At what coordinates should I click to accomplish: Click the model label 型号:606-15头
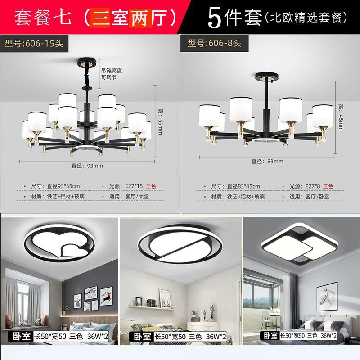tap(34, 43)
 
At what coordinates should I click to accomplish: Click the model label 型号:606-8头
tap(215, 43)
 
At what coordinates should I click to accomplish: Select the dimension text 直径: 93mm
tap(87, 166)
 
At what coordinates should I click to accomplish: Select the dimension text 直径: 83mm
tap(267, 162)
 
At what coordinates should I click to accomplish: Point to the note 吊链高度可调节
tap(111, 74)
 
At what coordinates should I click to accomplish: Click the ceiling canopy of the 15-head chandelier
tap(87, 62)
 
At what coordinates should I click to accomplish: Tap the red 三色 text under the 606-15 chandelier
tap(151, 186)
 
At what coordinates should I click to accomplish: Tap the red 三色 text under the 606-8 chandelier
tap(328, 186)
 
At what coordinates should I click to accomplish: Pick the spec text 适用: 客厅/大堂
tap(129, 197)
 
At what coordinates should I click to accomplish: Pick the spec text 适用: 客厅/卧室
tap(309, 197)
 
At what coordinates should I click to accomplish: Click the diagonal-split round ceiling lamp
tap(180, 244)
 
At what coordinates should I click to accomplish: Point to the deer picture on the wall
tap(106, 296)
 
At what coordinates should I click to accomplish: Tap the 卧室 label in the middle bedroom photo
tap(142, 337)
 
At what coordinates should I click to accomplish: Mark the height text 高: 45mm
tap(341, 117)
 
